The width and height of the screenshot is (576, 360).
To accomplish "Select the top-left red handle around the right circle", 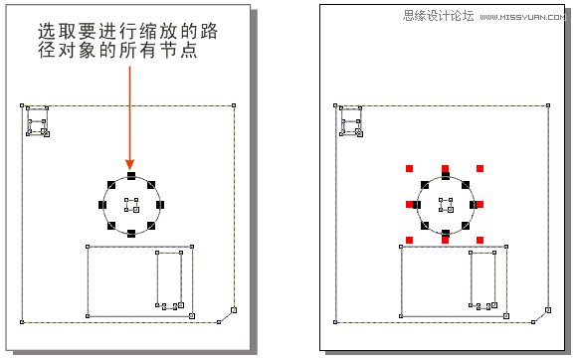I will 410,169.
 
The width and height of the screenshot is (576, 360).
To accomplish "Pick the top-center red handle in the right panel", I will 445,169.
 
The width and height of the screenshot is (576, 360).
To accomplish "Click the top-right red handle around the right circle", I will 480,169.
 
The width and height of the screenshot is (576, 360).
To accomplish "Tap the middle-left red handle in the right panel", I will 410,204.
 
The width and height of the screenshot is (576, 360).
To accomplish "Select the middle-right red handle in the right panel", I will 480,204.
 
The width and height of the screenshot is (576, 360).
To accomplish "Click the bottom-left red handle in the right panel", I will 410,239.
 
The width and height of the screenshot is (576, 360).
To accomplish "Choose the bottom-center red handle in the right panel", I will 445,239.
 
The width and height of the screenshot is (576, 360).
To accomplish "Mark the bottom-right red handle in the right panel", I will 480,239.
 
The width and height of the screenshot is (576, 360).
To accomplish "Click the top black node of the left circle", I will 130,176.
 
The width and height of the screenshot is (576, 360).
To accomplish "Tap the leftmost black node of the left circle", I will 102,205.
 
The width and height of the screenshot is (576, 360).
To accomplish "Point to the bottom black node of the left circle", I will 130,234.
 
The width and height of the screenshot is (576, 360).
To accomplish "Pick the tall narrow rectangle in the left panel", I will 169,279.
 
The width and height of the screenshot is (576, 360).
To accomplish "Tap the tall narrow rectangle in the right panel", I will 483,279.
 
